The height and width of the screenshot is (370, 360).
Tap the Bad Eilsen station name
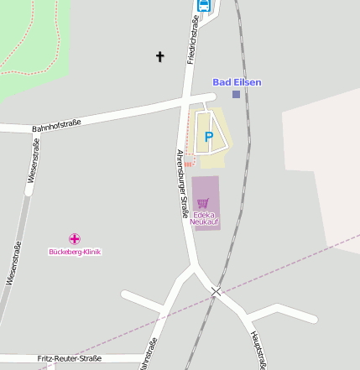tap(237, 81)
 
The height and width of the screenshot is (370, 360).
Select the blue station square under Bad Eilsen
tap(236, 94)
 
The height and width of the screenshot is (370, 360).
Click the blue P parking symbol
tap(209, 136)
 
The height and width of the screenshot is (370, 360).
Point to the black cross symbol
tap(159, 56)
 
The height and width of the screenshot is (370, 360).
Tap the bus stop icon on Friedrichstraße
tap(203, 5)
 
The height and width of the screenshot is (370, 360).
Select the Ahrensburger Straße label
tap(181, 184)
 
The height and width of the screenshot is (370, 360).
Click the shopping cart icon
tap(203, 202)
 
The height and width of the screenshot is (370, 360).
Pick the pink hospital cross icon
tap(75, 239)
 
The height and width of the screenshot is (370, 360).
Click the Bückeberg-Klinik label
tap(75, 251)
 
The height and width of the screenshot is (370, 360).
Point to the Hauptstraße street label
tap(258, 349)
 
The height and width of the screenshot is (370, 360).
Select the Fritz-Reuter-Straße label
tap(70, 358)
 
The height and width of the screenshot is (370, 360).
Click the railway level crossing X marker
tap(217, 291)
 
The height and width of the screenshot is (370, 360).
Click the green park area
tap(25, 42)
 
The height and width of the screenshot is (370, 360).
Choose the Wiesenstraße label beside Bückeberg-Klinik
tap(13, 263)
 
